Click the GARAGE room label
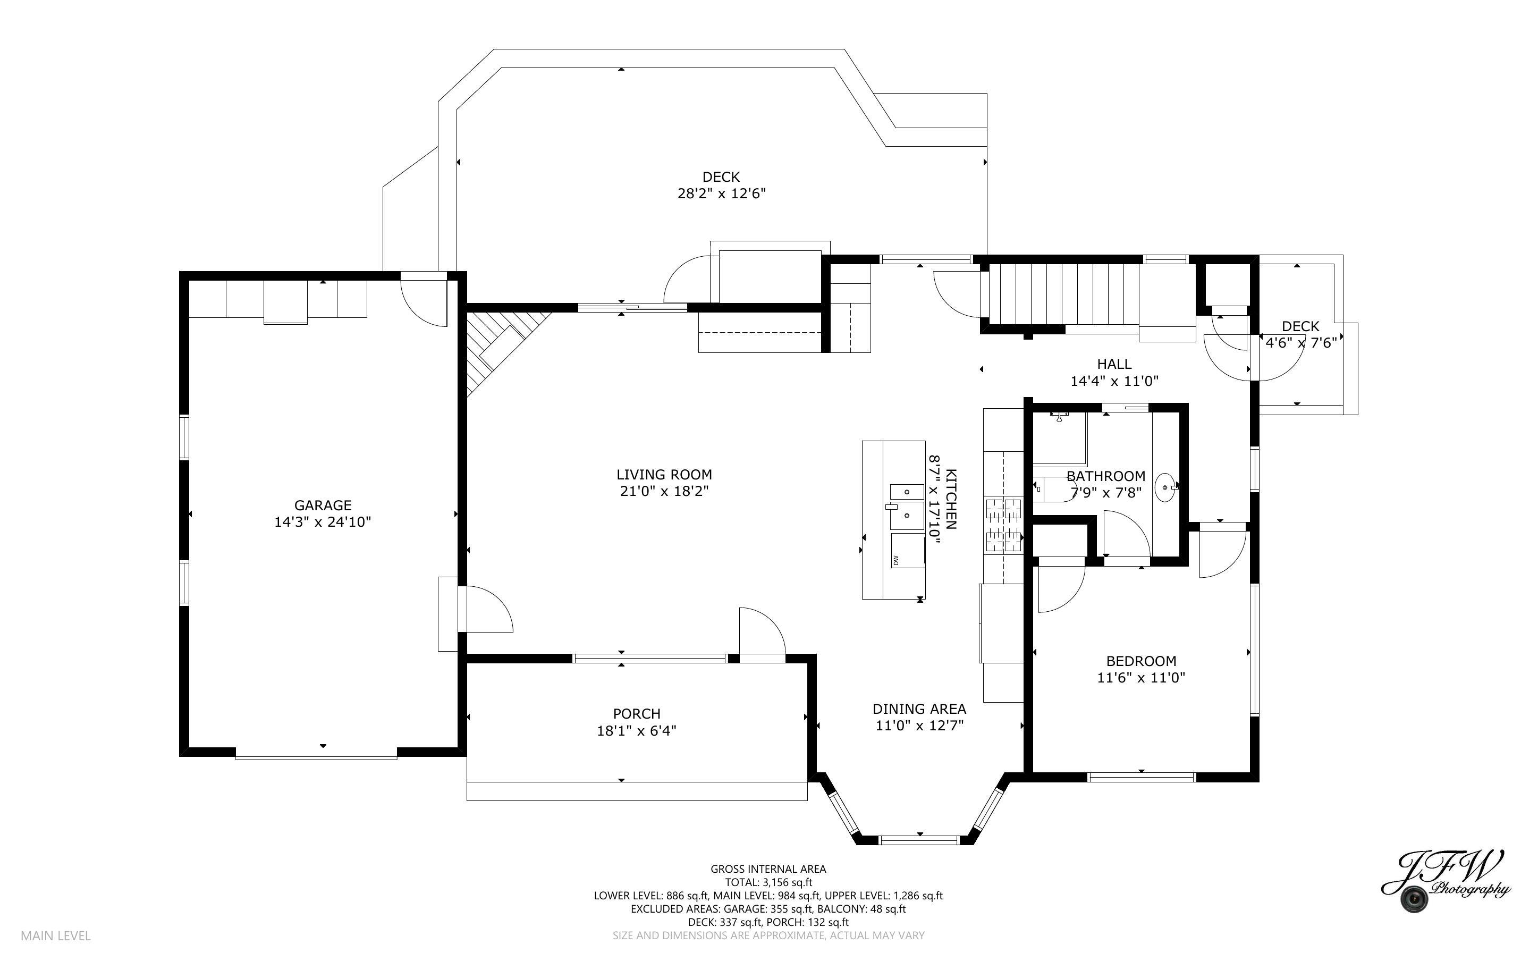[x=323, y=505]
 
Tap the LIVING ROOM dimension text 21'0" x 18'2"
[x=664, y=491]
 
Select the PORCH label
[x=637, y=714]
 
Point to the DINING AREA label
[x=919, y=709]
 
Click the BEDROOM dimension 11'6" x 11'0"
[x=1141, y=678]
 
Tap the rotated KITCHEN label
[x=951, y=499]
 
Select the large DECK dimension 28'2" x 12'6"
[x=721, y=193]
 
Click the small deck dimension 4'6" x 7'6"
[x=1301, y=343]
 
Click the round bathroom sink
[x=1164, y=487]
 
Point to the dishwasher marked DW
[x=907, y=551]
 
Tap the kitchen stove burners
[x=1004, y=525]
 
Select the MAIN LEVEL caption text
[x=56, y=935]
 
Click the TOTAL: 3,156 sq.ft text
[x=768, y=882]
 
